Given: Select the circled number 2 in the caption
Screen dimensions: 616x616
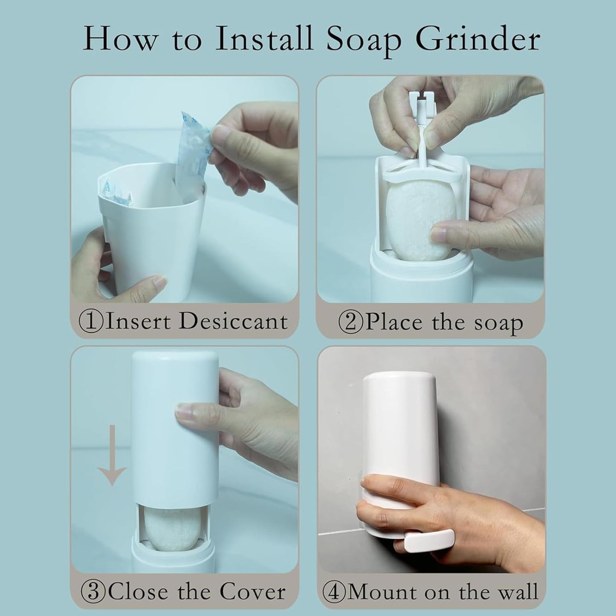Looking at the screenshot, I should pos(350,323).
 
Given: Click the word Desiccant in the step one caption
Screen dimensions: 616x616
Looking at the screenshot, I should pos(233,321).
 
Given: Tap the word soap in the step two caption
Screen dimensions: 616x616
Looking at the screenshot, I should pos(498,323).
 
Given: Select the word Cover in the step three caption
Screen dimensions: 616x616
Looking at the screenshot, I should pos(252,592).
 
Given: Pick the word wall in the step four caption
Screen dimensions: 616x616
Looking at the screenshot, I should pos(516,592).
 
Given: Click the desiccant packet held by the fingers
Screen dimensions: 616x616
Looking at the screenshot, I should pos(193,148).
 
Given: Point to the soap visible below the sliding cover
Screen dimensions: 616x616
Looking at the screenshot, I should pos(171,529).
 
